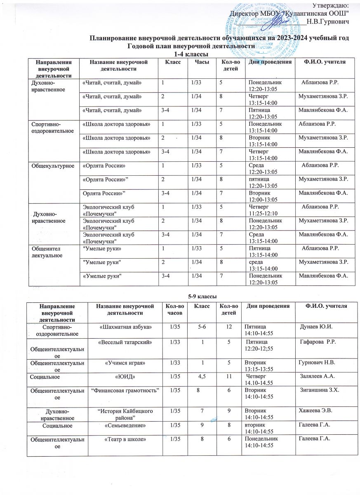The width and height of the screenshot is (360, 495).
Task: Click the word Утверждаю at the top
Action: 330,5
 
